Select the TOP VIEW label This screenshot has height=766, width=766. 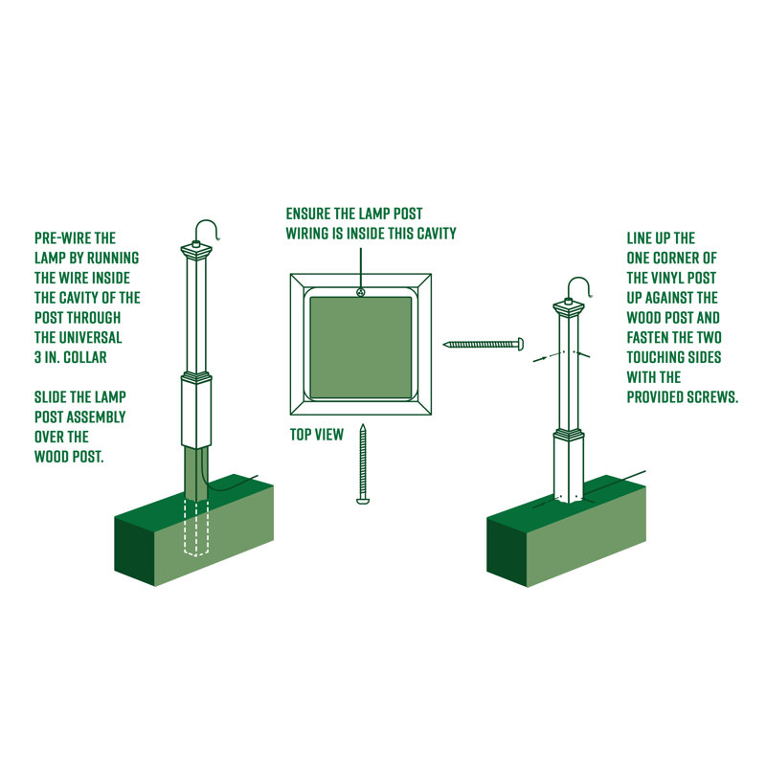click(316, 435)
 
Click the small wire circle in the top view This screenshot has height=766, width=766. click(360, 291)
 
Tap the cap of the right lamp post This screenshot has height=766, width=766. click(569, 308)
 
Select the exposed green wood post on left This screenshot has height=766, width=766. click(195, 475)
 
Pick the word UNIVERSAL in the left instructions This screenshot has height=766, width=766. click(93, 338)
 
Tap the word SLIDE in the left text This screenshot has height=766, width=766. click(53, 396)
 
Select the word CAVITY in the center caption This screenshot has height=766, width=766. click(433, 233)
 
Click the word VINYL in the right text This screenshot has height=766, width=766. click(682, 278)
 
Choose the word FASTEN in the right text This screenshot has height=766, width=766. click(648, 337)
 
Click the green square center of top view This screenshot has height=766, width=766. click(361, 347)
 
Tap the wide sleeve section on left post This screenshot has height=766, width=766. click(195, 412)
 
